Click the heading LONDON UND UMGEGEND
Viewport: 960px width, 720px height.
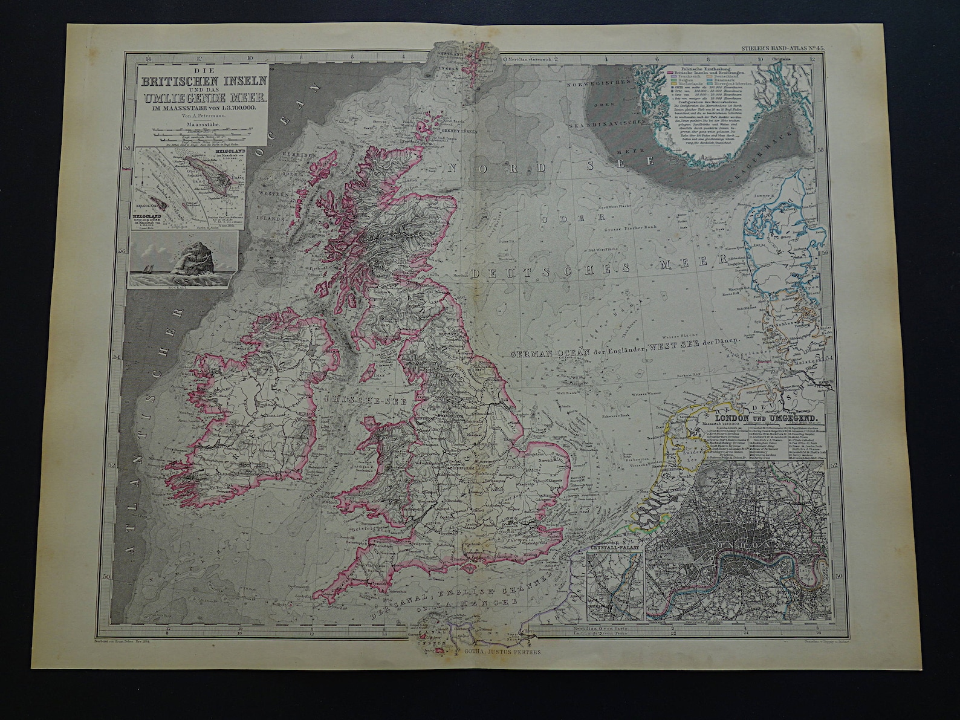(x=767, y=418)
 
